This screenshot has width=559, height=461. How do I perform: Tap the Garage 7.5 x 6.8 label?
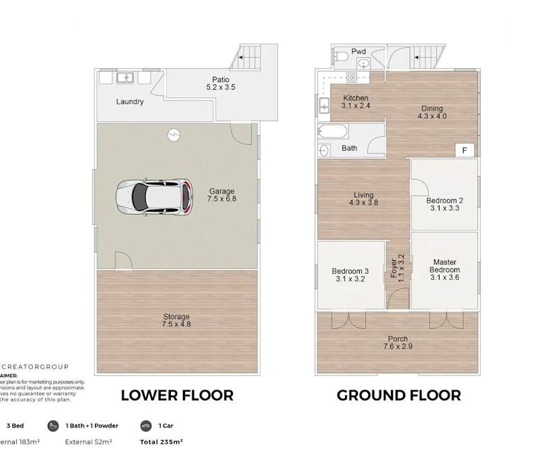click(x=222, y=195)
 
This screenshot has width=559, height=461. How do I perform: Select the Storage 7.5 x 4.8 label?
click(x=176, y=321)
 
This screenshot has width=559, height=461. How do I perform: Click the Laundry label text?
click(x=130, y=102)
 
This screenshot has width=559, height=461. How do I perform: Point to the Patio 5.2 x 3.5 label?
click(x=220, y=84)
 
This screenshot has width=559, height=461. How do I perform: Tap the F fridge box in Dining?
click(x=464, y=150)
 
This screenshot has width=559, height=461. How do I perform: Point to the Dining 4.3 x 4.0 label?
click(x=432, y=112)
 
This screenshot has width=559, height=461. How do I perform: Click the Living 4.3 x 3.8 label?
click(x=363, y=198)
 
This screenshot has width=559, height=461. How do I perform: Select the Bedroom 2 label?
click(x=444, y=204)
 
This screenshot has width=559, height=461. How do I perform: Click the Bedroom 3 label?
click(x=350, y=274)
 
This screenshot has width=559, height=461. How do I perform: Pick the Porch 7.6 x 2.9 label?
click(x=397, y=343)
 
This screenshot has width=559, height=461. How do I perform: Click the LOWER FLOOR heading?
click(x=177, y=396)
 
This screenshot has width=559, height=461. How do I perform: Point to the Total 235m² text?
click(x=161, y=442)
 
